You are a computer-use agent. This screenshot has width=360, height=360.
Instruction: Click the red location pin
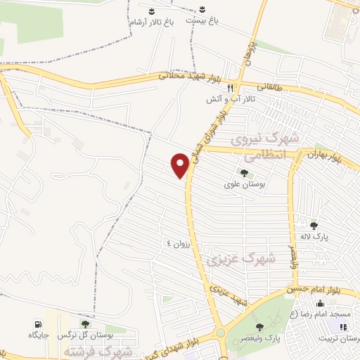(180, 165)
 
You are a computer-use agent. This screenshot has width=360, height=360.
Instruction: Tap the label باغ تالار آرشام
(150, 23)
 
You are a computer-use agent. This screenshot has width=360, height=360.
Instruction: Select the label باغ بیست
(202, 21)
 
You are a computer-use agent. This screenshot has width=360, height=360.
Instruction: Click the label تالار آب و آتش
(230, 100)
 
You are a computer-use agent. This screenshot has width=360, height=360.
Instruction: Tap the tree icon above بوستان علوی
(244, 173)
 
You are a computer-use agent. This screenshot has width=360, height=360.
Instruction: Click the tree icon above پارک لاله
(314, 226)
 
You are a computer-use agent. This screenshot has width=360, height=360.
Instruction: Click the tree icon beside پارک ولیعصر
(259, 326)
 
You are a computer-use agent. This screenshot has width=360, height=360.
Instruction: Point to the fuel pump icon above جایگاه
(37, 324)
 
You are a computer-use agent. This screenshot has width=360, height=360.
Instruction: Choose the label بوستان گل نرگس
(84, 335)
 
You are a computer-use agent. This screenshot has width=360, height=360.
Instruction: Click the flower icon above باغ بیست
(202, 10)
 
